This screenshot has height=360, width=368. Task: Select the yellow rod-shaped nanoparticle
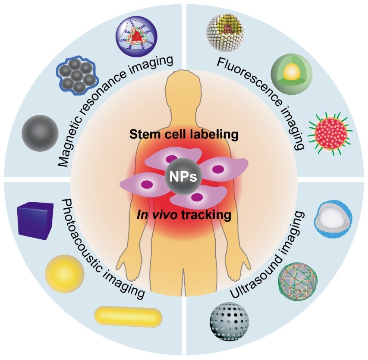(x=128, y=316)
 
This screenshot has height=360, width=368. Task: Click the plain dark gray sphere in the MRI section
(x=40, y=133)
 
